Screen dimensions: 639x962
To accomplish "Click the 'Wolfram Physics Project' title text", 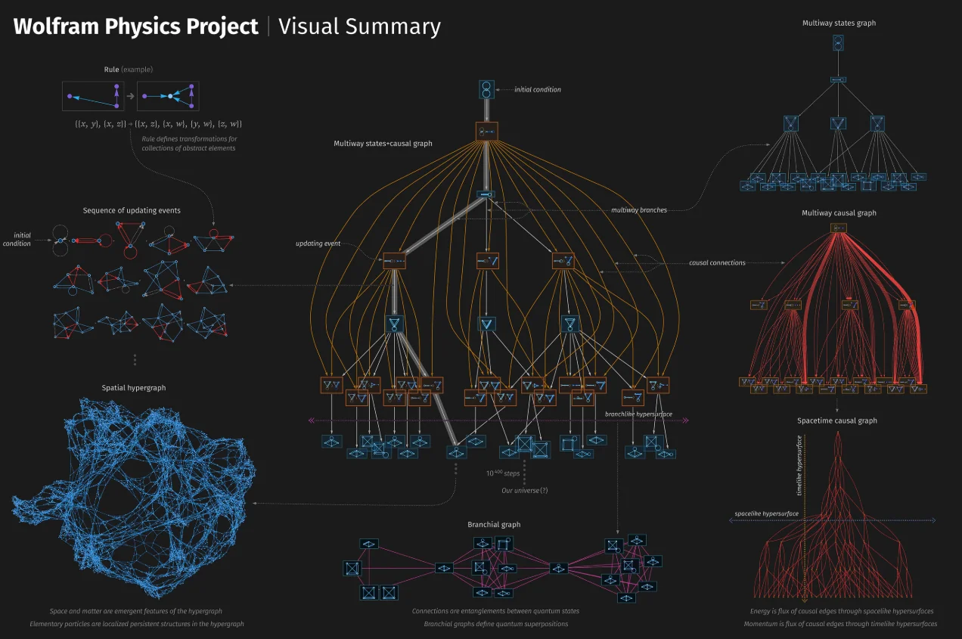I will tap(136, 27).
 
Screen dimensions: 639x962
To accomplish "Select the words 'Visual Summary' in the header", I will tap(359, 27).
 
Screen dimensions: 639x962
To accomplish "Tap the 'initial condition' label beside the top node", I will tap(538, 89).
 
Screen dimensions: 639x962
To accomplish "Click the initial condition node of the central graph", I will tap(486, 90).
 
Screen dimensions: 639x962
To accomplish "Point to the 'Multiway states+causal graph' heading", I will tap(383, 143).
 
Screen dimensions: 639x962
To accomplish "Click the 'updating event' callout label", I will tap(318, 244).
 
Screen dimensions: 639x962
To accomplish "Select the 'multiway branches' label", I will tap(639, 209).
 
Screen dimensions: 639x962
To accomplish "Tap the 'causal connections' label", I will tap(717, 262).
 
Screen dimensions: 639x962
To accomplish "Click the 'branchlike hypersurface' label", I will tap(638, 414).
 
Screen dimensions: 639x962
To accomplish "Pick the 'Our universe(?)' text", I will tap(525, 490).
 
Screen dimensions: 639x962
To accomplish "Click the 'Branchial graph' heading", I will tap(494, 524).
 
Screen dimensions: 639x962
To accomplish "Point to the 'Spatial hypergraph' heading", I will tap(134, 388).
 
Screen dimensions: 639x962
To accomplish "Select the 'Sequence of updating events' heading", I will tap(132, 210).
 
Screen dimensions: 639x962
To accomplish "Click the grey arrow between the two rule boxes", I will tap(131, 96).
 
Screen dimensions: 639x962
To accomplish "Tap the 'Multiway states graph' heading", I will tap(839, 23).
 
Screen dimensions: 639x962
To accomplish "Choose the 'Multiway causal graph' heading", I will tap(839, 213).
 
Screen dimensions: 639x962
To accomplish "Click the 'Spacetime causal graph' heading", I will tap(837, 420).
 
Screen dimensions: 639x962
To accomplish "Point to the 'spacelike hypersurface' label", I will tap(766, 514).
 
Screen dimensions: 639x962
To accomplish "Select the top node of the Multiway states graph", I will tap(838, 44).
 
